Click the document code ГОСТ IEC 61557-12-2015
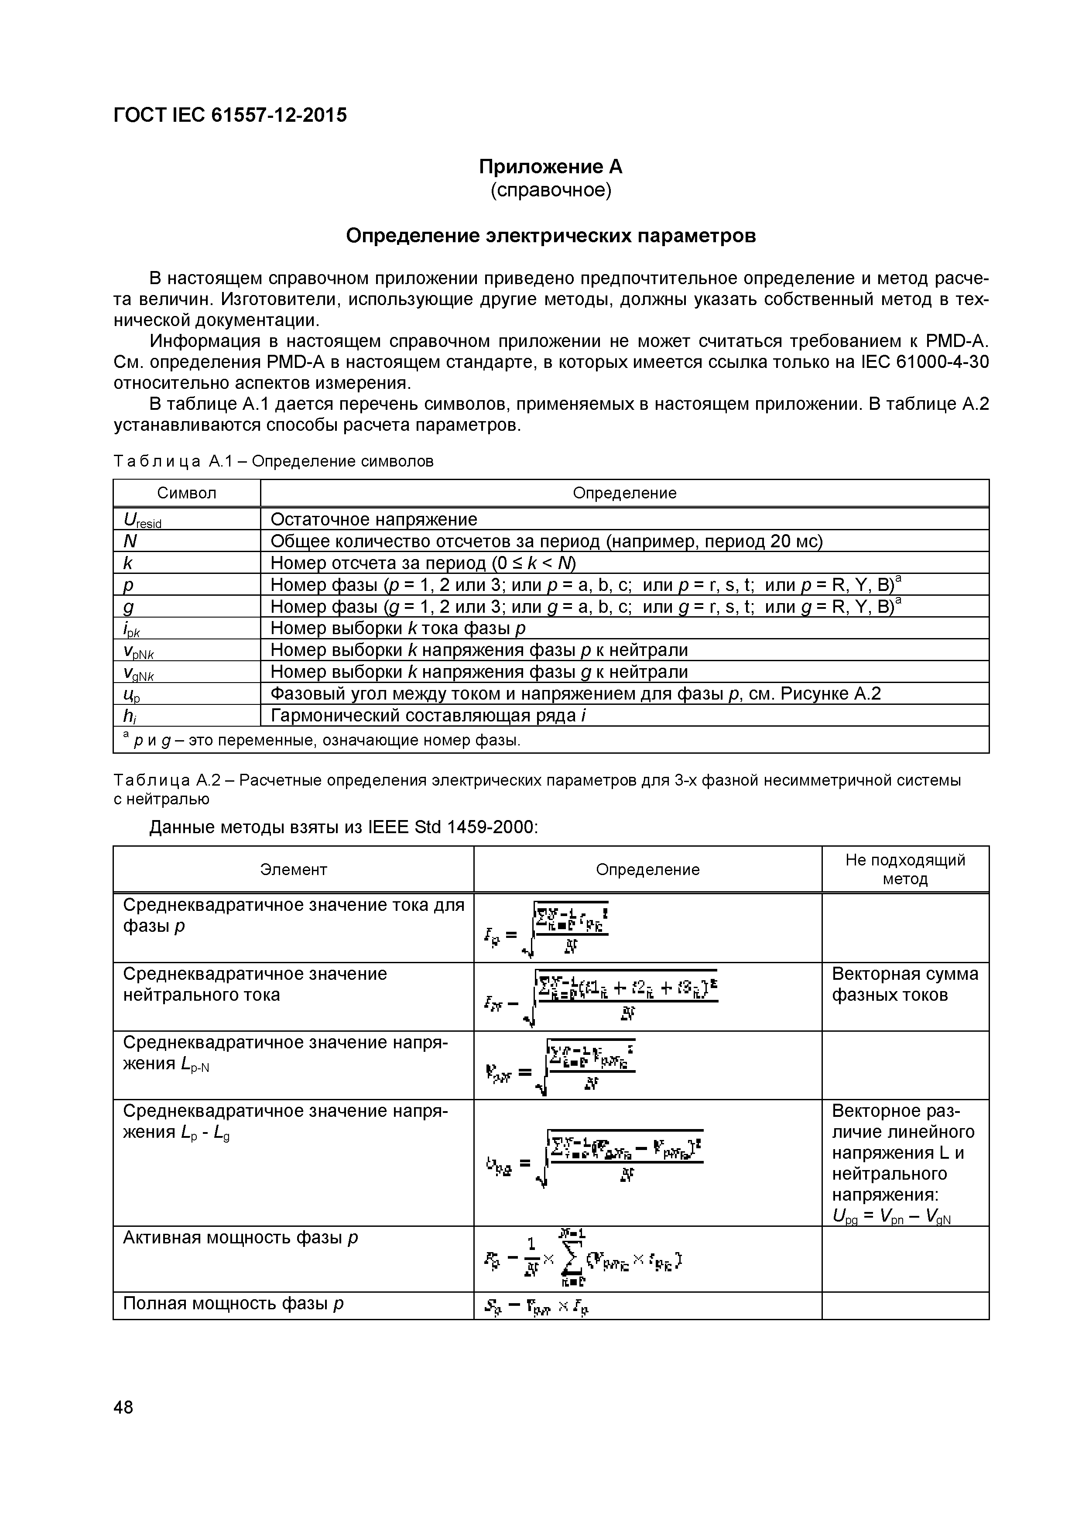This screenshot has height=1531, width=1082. click(x=230, y=115)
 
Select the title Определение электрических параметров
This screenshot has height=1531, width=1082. click(x=551, y=236)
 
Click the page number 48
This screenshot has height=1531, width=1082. click(x=123, y=1407)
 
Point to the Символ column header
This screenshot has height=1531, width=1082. click(x=187, y=493)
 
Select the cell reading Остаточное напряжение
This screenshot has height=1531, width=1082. click(x=373, y=519)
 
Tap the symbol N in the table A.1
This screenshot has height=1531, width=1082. click(x=130, y=541)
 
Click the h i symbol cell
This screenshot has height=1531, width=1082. click(x=130, y=715)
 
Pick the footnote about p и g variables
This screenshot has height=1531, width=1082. click(x=320, y=740)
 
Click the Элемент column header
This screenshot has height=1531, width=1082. click(x=293, y=869)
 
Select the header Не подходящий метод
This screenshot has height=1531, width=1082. click(x=905, y=869)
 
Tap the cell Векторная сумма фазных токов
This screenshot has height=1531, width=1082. click(x=905, y=984)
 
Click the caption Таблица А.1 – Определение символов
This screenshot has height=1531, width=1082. click(x=273, y=461)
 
